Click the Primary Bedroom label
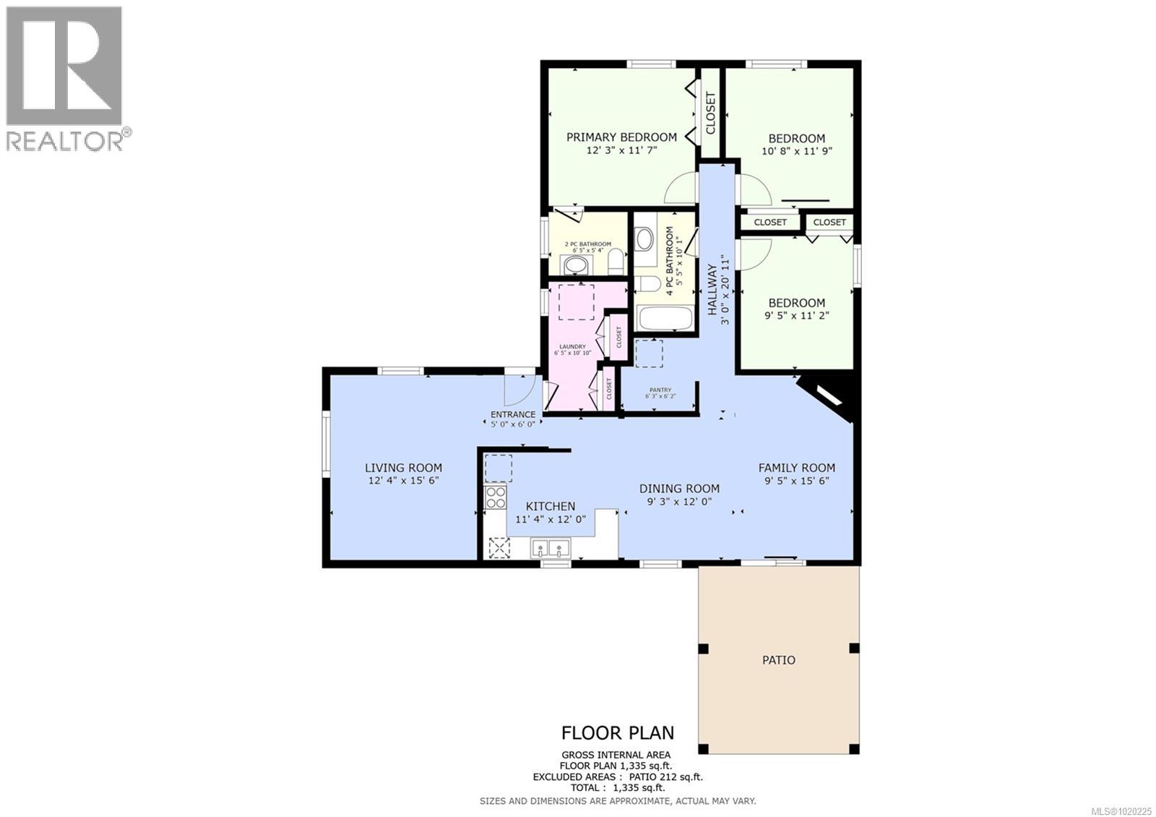point(621,137)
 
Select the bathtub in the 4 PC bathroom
point(664,317)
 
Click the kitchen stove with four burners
point(496,497)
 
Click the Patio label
point(779,660)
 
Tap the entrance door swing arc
point(517,391)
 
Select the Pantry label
point(660,390)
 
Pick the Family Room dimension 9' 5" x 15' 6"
point(796,481)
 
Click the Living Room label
point(403,468)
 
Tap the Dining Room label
point(679,489)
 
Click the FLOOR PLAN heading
point(618,732)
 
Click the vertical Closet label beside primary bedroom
point(711,113)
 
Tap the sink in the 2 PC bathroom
point(577,265)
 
